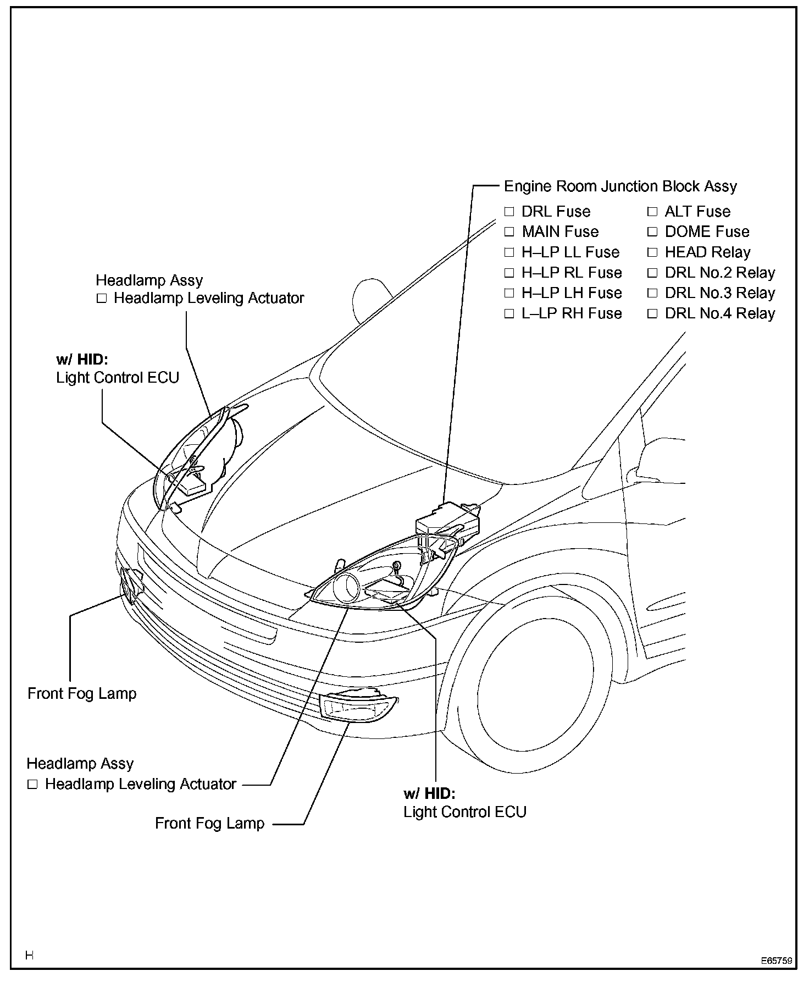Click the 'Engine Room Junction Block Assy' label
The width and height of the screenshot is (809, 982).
click(620, 186)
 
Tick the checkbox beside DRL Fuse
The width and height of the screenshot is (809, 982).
click(509, 212)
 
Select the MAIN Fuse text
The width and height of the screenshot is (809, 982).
click(560, 232)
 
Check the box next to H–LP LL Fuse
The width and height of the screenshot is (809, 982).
click(509, 252)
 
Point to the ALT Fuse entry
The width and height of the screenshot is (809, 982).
click(697, 212)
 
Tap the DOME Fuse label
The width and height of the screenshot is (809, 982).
click(707, 232)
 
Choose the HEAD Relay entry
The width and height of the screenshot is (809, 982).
click(707, 252)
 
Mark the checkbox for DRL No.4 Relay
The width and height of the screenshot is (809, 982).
click(652, 314)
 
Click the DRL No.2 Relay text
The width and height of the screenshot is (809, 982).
click(720, 273)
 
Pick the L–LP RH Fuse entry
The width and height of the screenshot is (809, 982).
click(572, 314)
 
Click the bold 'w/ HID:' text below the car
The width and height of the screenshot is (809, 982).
click(429, 793)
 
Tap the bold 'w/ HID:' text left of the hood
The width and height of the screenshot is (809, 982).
click(82, 360)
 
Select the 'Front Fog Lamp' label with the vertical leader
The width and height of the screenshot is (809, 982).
click(82, 693)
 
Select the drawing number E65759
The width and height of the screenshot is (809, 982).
click(777, 962)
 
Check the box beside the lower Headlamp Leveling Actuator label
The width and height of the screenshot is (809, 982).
click(32, 785)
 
